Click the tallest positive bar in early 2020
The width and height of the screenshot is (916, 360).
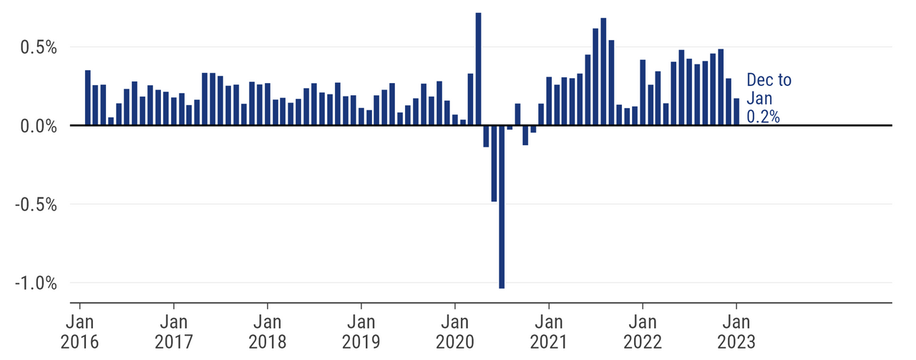click(x=478, y=69)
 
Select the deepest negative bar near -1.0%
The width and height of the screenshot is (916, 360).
click(x=502, y=207)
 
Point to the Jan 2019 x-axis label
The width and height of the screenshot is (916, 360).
click(x=361, y=330)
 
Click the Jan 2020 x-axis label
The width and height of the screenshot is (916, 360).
click(x=455, y=330)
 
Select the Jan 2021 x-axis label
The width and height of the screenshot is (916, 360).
click(x=549, y=330)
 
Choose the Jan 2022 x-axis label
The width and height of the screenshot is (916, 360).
click(x=643, y=330)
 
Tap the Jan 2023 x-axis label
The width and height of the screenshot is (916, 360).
click(x=736, y=330)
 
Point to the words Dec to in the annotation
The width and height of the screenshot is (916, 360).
click(x=769, y=80)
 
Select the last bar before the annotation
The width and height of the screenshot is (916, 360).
click(x=736, y=112)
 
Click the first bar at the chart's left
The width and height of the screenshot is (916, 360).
click(x=87, y=98)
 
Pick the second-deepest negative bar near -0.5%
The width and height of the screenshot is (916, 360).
click(x=494, y=163)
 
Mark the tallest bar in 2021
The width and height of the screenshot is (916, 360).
click(x=603, y=72)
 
